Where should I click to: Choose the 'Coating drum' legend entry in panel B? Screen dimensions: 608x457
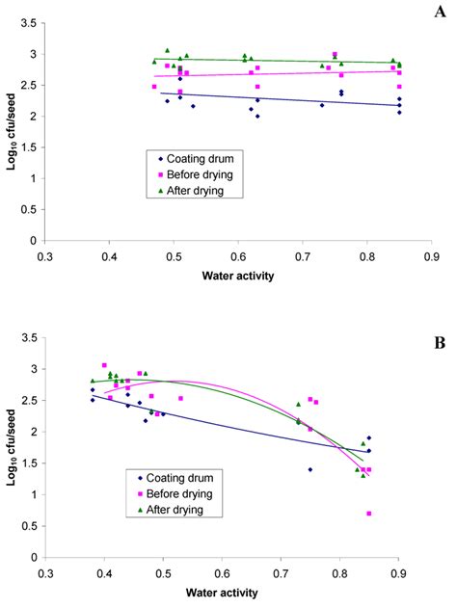pos(174,476)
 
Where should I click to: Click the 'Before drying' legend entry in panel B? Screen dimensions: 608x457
pos(175,492)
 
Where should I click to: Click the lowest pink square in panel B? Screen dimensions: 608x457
pos(369,514)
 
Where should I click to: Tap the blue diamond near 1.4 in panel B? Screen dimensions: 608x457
pos(310,469)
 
